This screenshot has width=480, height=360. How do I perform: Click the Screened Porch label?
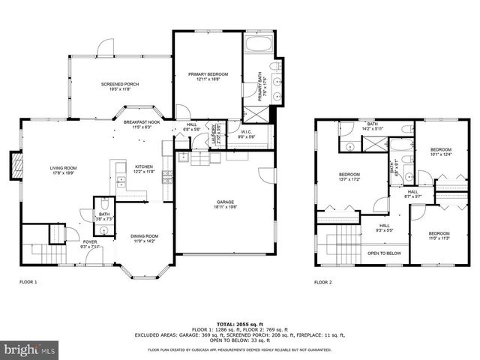tap(116, 85)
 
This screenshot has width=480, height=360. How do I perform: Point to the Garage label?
tap(225, 202)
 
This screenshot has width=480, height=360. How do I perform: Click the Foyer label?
tap(90, 243)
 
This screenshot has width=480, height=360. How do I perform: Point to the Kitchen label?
tap(145, 169)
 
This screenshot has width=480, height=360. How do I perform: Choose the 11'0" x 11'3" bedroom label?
tap(439, 235)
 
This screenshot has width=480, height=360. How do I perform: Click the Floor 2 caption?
tap(323, 282)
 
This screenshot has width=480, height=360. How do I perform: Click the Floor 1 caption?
tap(28, 282)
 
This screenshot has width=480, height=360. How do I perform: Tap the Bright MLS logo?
tap(28, 349)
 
